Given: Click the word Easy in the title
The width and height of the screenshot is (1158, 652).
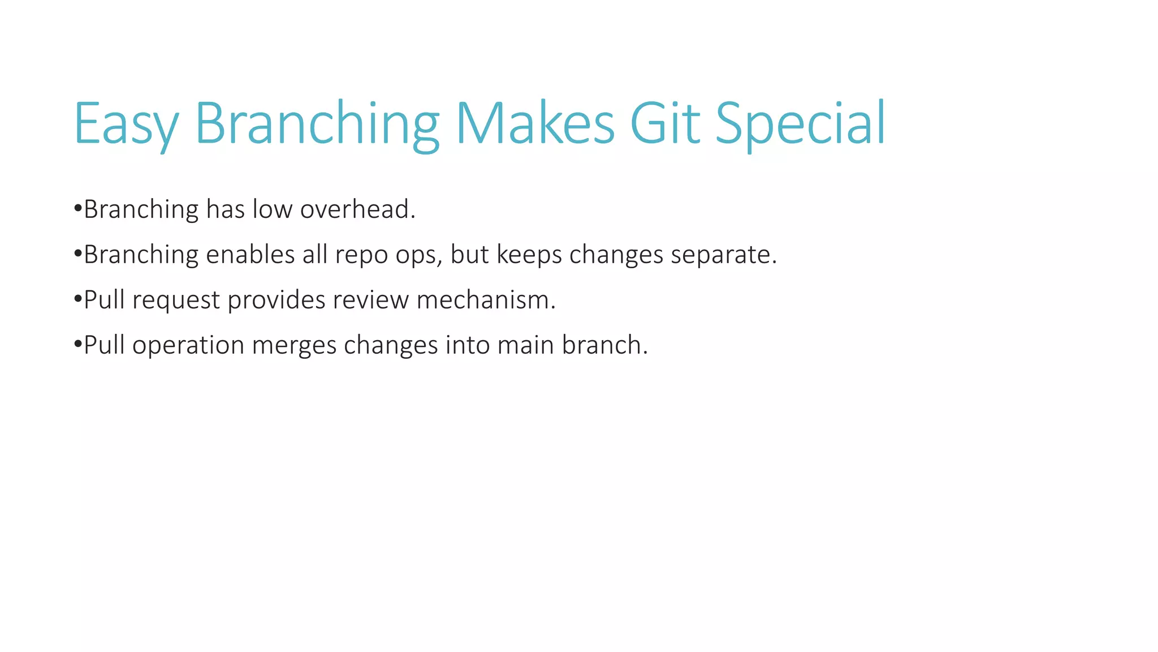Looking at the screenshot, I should click(x=126, y=123).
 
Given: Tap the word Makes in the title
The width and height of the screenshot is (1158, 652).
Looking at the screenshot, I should click(x=534, y=123).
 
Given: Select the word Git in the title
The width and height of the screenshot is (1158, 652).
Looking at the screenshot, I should click(x=664, y=123).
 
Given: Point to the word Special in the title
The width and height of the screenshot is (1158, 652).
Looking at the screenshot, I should click(x=800, y=123).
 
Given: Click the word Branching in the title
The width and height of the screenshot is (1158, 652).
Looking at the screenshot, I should click(x=317, y=123).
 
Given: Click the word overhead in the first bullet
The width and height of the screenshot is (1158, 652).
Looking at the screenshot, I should click(x=357, y=209).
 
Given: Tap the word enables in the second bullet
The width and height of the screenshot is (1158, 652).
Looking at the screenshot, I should click(x=250, y=255).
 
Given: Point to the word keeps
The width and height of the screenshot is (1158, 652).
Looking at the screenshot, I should click(x=529, y=255).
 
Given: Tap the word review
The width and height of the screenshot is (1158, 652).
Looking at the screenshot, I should click(x=370, y=300).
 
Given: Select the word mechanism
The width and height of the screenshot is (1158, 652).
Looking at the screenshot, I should click(x=486, y=300).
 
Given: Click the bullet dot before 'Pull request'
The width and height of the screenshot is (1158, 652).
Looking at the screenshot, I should click(x=78, y=299).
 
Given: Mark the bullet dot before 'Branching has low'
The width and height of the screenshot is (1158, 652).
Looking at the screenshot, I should click(x=78, y=209).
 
